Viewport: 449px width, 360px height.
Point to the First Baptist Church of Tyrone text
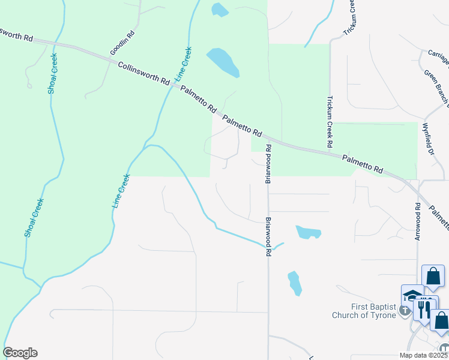point(364,310)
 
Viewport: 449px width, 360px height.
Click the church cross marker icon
point(405,310)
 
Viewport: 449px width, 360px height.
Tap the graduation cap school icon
point(412,295)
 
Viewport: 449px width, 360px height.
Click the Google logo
point(20,353)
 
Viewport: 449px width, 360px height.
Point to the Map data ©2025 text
point(424,355)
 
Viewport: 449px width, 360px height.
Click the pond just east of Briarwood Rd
point(308,232)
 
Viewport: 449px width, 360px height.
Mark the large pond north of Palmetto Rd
point(223,62)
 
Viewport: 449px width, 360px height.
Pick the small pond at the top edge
point(220,9)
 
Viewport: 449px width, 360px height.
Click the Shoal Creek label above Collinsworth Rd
point(53,73)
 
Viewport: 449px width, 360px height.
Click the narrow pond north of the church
point(294,283)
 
